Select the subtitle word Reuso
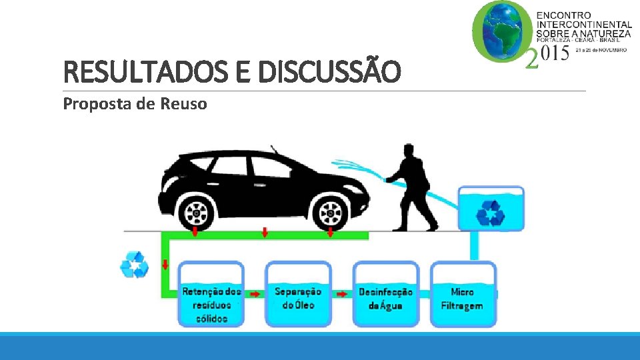[183, 104]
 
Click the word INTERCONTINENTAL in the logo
[583, 24]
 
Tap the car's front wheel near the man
[331, 213]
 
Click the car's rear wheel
[197, 213]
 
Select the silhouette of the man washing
[413, 187]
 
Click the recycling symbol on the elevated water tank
[491, 214]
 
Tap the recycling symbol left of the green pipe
[135, 265]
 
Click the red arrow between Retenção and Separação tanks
[255, 293]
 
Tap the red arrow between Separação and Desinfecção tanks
[342, 293]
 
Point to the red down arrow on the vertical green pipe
[165, 265]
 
